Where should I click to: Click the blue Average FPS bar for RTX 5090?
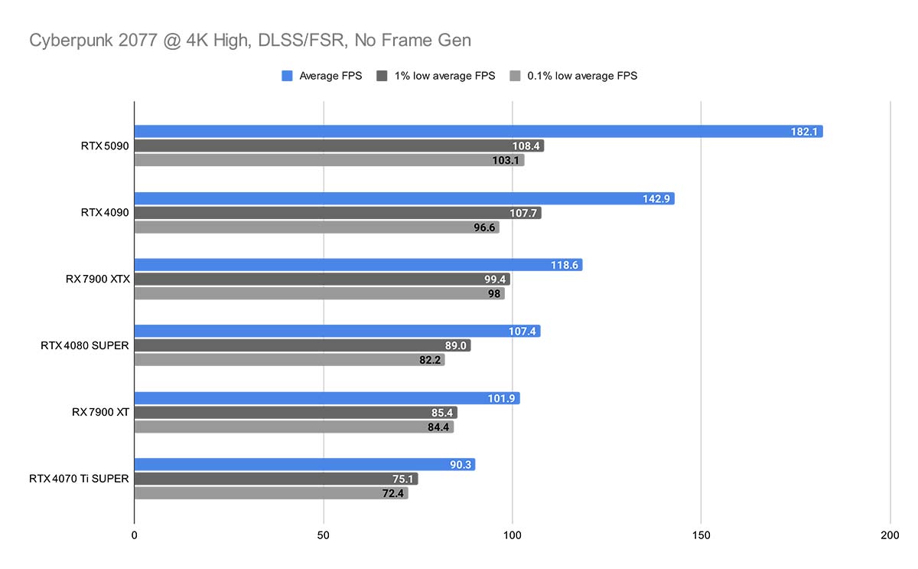pyautogui.click(x=478, y=132)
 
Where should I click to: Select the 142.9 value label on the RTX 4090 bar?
pyautogui.click(x=657, y=199)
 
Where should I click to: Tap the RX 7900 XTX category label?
pyautogui.click(x=98, y=280)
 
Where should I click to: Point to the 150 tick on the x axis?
pyautogui.click(x=702, y=535)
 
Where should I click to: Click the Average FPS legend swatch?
pyautogui.click(x=288, y=76)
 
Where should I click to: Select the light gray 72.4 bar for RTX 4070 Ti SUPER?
pyautogui.click(x=271, y=493)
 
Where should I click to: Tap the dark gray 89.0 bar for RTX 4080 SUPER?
pyautogui.click(x=302, y=345)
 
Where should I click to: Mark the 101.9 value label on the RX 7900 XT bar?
pyautogui.click(x=503, y=398)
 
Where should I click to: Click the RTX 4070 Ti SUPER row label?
pyautogui.click(x=79, y=479)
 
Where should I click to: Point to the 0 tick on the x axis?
pyautogui.click(x=135, y=535)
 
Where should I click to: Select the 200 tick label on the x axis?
pyautogui.click(x=890, y=535)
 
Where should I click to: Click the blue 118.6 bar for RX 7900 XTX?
pyautogui.click(x=358, y=265)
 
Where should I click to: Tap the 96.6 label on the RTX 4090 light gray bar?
pyautogui.click(x=483, y=227)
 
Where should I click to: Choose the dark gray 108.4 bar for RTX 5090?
pyautogui.click(x=339, y=146)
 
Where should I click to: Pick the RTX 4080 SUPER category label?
pyautogui.click(x=85, y=345)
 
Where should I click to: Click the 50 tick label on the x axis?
pyautogui.click(x=324, y=535)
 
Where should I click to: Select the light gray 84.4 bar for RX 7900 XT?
pyautogui.click(x=294, y=427)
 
